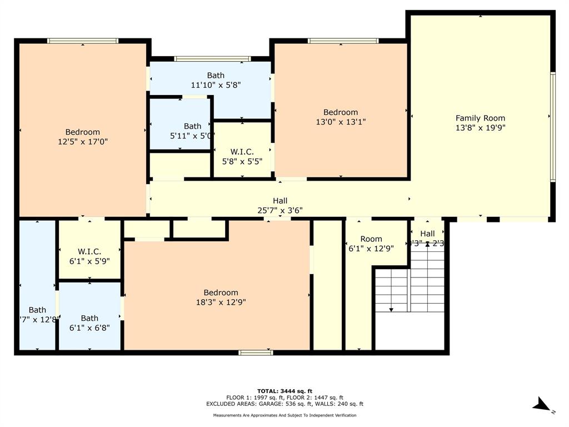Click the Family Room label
tap(480, 118)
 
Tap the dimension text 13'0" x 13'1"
tap(341, 122)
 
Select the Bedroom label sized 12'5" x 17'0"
tap(83, 132)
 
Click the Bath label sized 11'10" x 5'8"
tap(216, 75)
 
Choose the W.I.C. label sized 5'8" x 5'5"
tap(242, 151)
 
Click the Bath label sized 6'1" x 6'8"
tap(89, 318)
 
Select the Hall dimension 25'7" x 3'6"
tap(280, 210)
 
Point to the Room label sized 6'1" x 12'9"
tap(371, 239)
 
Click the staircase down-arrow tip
tap(391, 310)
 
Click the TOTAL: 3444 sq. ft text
tap(284, 391)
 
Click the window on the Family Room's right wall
tap(552, 127)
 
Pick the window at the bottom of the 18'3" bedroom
tap(256, 352)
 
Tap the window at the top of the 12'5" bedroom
tap(83, 41)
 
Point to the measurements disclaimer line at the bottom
tap(284, 415)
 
